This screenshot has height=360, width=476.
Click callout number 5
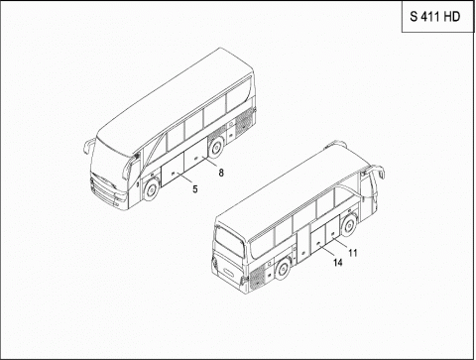194,188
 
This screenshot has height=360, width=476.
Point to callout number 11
352,252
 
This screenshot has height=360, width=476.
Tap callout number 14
337,263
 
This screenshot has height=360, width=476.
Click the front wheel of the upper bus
151,187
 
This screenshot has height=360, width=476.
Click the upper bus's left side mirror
86,145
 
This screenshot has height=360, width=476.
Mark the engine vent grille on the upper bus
240,126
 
